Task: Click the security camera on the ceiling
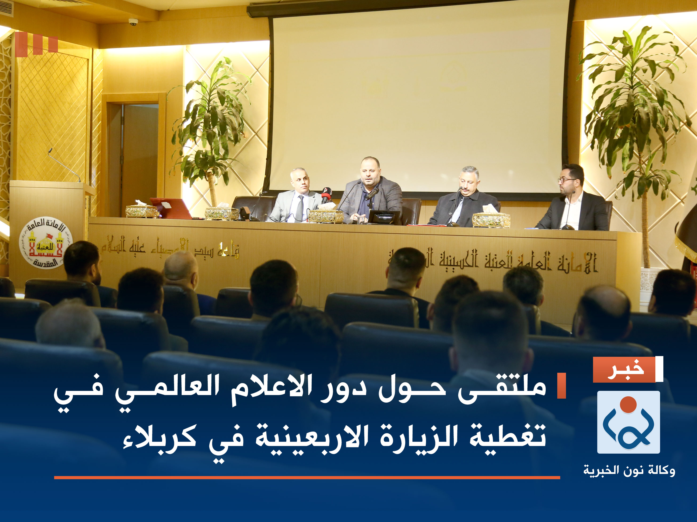coord(133,22)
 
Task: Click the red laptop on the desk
coord(170,208)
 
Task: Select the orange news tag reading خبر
coord(624,370)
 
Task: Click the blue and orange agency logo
coord(628,422)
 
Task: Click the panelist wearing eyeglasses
coord(571,201)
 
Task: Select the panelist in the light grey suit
coord(295,198)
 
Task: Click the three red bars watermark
coord(36,44)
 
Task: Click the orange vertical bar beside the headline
coord(562,386)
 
